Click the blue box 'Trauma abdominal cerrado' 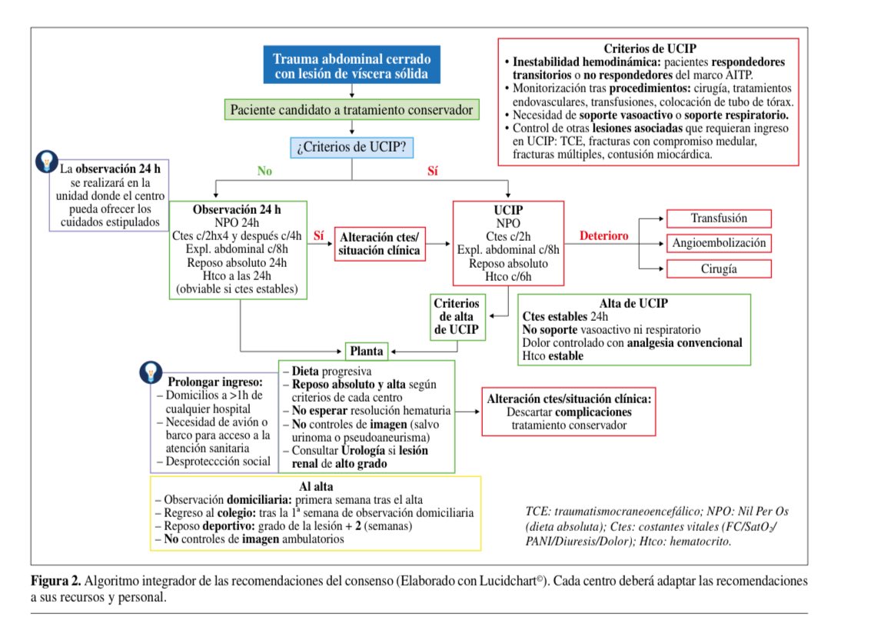[x=352, y=67]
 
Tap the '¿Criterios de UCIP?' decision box [x=352, y=146]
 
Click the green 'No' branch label [x=264, y=172]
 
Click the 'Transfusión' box [x=719, y=219]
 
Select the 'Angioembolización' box [x=719, y=243]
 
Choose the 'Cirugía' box [x=719, y=269]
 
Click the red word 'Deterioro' [x=603, y=235]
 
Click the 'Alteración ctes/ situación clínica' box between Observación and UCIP [x=380, y=244]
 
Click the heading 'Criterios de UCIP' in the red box [x=648, y=47]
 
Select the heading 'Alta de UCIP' [x=634, y=303]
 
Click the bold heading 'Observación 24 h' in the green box [x=238, y=210]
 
